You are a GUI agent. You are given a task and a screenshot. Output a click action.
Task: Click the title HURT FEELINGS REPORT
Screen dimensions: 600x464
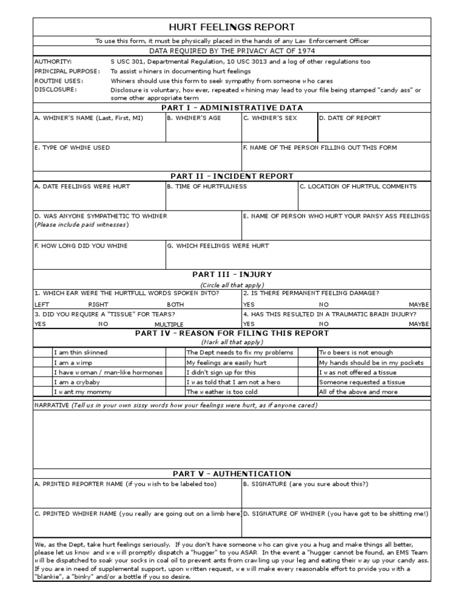coord(232,27)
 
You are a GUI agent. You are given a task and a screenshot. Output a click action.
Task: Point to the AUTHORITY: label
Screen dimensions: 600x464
coord(53,62)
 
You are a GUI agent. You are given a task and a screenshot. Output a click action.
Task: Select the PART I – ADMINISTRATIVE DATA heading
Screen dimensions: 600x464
coord(232,107)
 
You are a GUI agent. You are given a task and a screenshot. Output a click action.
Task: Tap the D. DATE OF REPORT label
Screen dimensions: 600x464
coord(350,118)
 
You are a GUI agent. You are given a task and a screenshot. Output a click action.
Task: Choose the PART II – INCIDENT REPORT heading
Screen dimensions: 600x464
coord(232,176)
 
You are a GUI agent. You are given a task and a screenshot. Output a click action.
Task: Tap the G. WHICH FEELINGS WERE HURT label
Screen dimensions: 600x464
coord(218,246)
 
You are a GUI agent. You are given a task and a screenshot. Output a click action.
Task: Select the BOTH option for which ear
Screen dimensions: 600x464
coord(175,305)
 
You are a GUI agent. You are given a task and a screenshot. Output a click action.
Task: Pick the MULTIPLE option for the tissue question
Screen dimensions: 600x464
coord(169,325)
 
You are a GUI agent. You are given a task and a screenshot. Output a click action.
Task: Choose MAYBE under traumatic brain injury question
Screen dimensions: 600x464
coord(419,324)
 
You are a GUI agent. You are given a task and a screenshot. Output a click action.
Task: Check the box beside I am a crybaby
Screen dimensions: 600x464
coord(42,382)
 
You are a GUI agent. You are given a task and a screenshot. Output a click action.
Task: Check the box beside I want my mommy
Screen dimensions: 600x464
coord(42,392)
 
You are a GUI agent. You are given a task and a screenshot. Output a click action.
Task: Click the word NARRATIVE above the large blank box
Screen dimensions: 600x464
coord(51,405)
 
